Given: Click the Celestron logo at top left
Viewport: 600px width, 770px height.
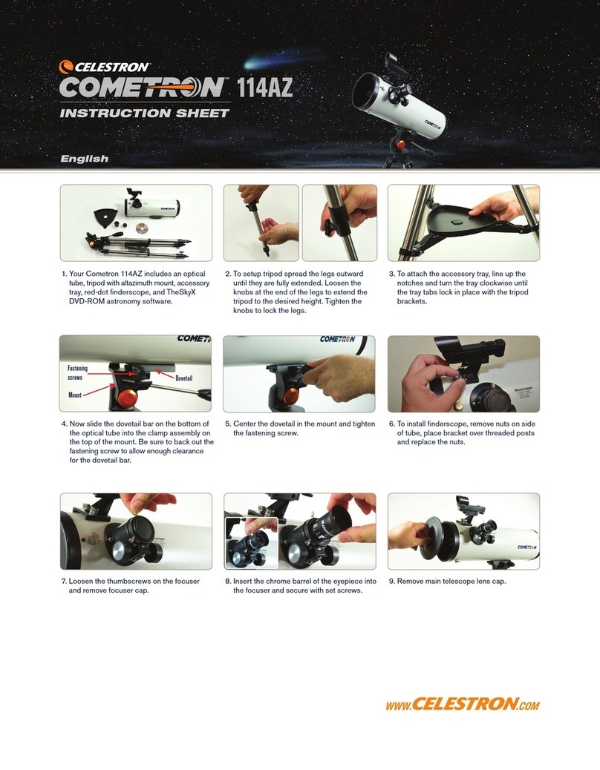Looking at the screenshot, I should click(105, 67).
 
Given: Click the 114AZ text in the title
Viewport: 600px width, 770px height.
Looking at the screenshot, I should click(264, 88).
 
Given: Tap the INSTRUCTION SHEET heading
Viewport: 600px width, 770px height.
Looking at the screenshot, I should click(144, 113).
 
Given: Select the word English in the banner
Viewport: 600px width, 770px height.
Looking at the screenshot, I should click(84, 159).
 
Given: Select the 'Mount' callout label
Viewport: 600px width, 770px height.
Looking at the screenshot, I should click(75, 395).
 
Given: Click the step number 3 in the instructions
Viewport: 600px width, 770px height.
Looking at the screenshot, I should click(391, 274).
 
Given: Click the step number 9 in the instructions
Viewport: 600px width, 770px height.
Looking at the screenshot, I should click(391, 582).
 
